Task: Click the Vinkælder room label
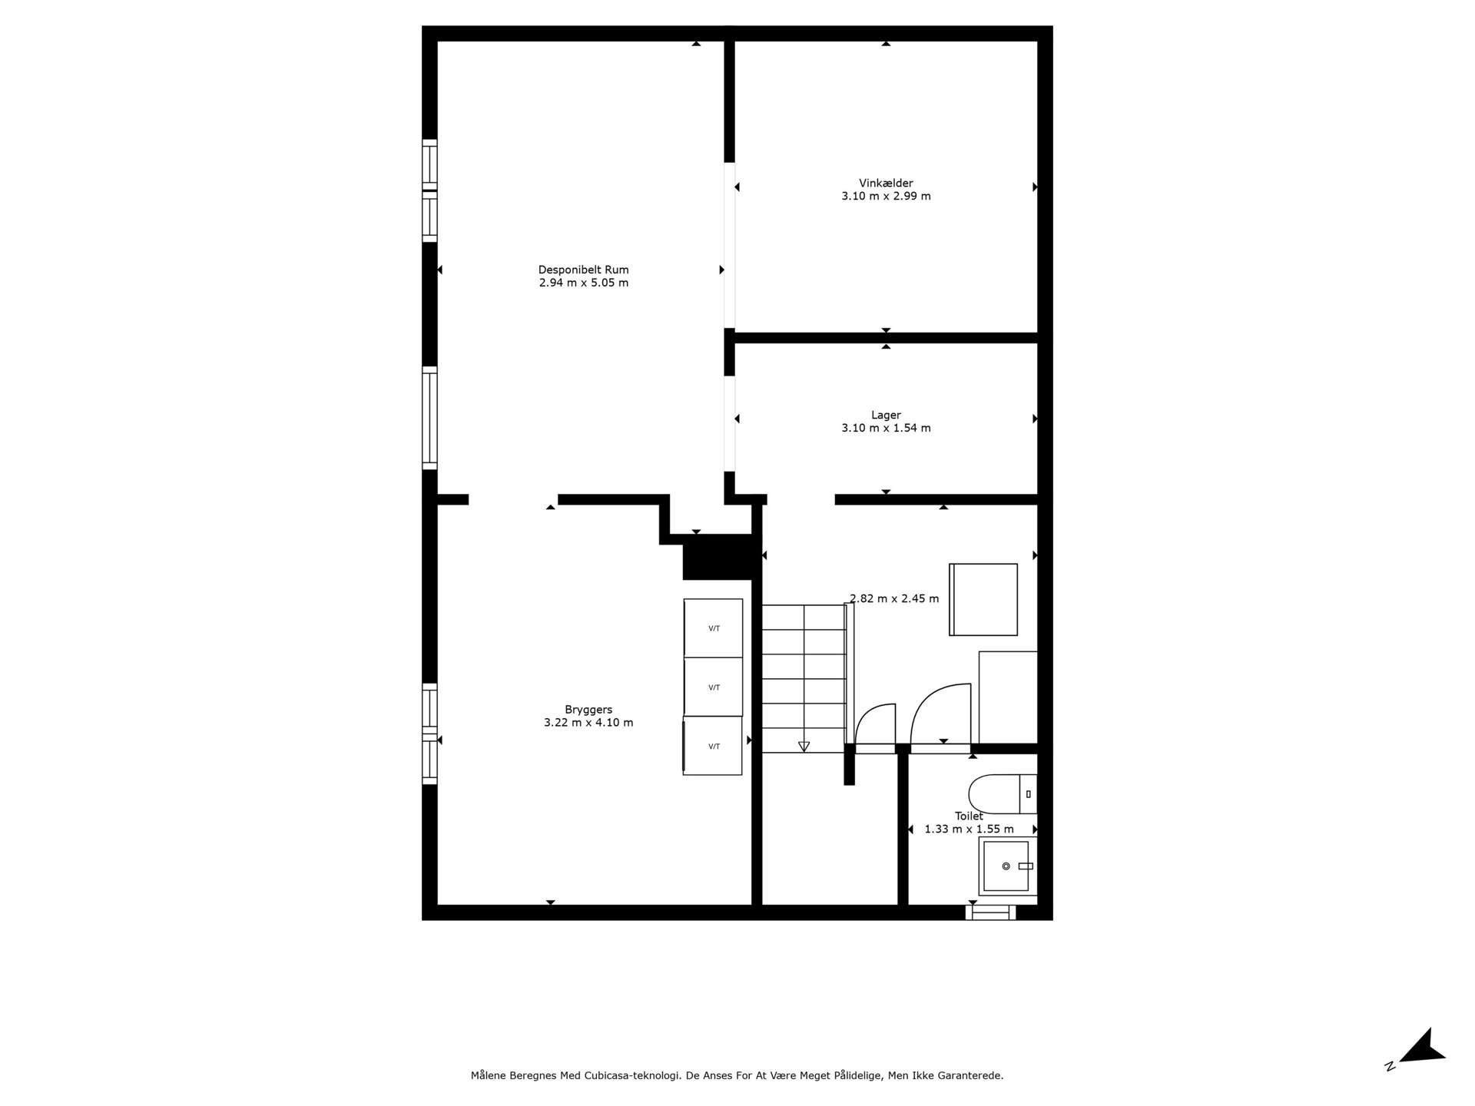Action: point(886,183)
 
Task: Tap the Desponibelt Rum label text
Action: point(583,270)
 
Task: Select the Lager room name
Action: point(886,415)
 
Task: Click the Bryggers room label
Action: point(588,710)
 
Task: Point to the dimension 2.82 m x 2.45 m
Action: point(894,599)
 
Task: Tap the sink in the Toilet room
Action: point(1006,866)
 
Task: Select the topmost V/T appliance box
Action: point(714,628)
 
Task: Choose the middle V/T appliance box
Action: point(714,687)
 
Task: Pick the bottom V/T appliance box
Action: point(714,746)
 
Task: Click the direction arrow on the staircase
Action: point(804,746)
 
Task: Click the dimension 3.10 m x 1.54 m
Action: point(886,428)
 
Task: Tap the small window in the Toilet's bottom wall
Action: point(990,912)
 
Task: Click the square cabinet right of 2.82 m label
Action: point(984,600)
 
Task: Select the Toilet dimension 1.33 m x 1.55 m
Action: point(969,829)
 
